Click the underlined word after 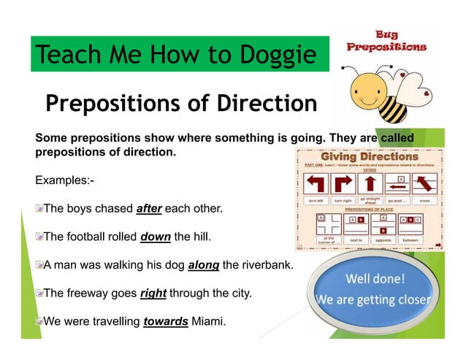pyautogui.click(x=149, y=209)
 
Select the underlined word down pyautogui.click(x=155, y=237)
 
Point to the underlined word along pyautogui.click(x=204, y=265)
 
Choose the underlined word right pyautogui.click(x=153, y=294)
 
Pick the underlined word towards pyautogui.click(x=166, y=321)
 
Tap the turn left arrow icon pyautogui.click(x=316, y=183)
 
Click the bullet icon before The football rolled pyautogui.click(x=39, y=237)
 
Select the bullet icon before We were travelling pyautogui.click(x=39, y=321)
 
